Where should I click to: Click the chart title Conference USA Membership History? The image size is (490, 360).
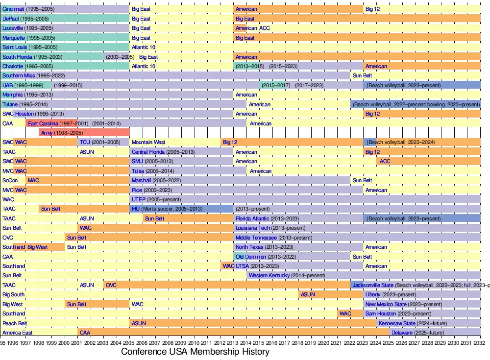pyautogui.click(x=195, y=352)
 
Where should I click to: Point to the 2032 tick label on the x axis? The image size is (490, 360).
pyautogui.click(x=480, y=343)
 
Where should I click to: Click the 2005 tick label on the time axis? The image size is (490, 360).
pyautogui.click(x=130, y=343)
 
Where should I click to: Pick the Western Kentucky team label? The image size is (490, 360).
pyautogui.click(x=269, y=275)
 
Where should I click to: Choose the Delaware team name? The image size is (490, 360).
pyautogui.click(x=402, y=333)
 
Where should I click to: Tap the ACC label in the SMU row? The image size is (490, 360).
pyautogui.click(x=385, y=161)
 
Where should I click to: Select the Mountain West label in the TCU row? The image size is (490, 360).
pyautogui.click(x=148, y=143)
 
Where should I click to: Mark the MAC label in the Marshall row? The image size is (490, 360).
pyautogui.click(x=33, y=180)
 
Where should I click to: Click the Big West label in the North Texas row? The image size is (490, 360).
pyautogui.click(x=38, y=247)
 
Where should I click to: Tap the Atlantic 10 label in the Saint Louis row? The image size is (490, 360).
pyautogui.click(x=144, y=48)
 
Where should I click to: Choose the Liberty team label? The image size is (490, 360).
pyautogui.click(x=373, y=294)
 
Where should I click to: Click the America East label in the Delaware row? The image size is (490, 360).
pyautogui.click(x=18, y=333)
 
